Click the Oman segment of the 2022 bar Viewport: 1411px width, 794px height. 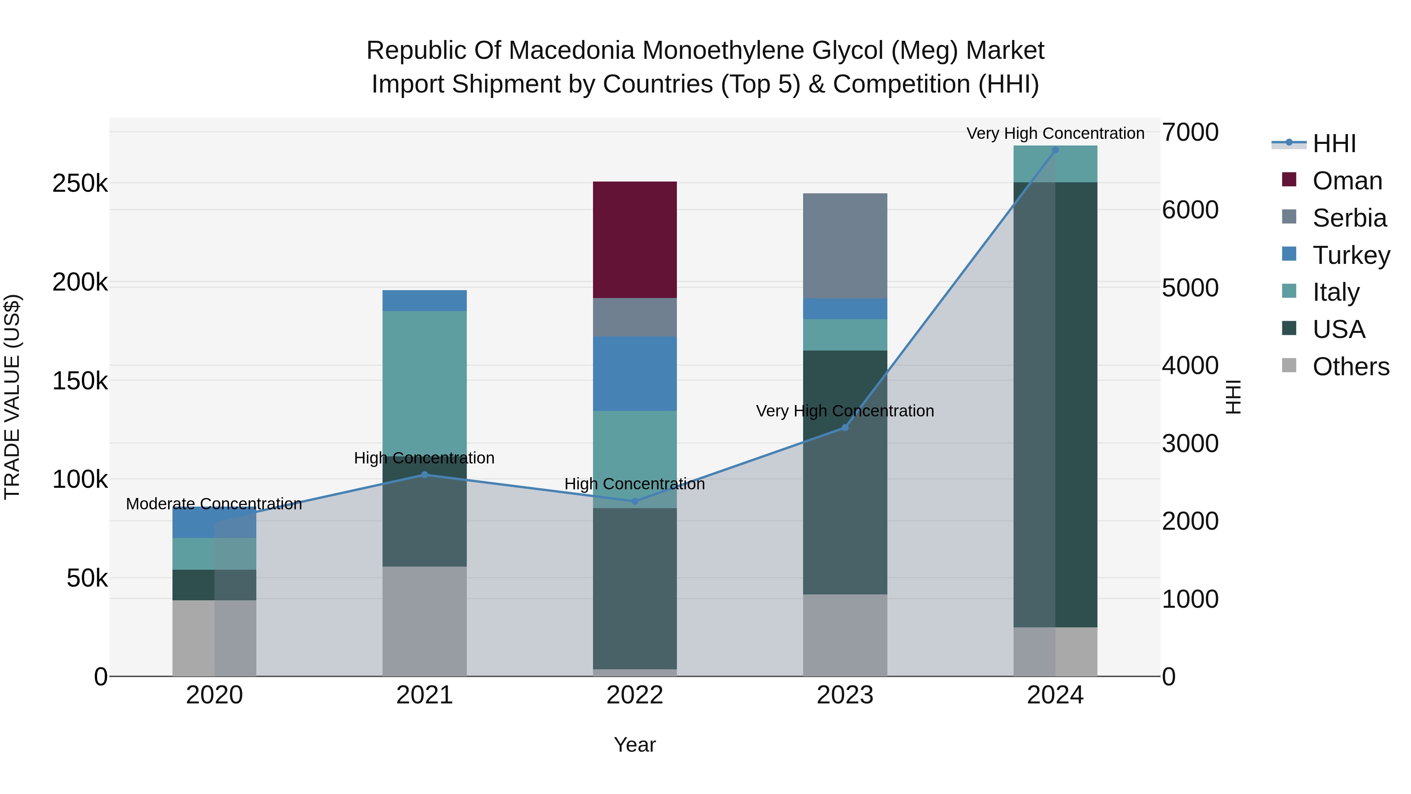[x=635, y=240]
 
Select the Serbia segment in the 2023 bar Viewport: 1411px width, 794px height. [x=845, y=245]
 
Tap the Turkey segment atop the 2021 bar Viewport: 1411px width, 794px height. [x=424, y=300]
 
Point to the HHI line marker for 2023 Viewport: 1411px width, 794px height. [x=845, y=427]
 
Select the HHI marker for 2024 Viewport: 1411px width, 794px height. [x=1056, y=150]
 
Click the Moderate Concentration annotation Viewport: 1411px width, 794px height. [x=214, y=503]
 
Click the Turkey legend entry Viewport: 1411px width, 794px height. [x=1351, y=255]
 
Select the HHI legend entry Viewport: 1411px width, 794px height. [x=1334, y=144]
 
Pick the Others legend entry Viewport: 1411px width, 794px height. [x=1350, y=367]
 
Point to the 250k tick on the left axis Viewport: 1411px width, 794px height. [x=80, y=184]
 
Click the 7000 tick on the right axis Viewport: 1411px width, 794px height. [x=1190, y=133]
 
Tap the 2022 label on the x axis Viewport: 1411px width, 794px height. [x=635, y=695]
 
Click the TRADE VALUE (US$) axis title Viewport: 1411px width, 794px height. [x=13, y=397]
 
